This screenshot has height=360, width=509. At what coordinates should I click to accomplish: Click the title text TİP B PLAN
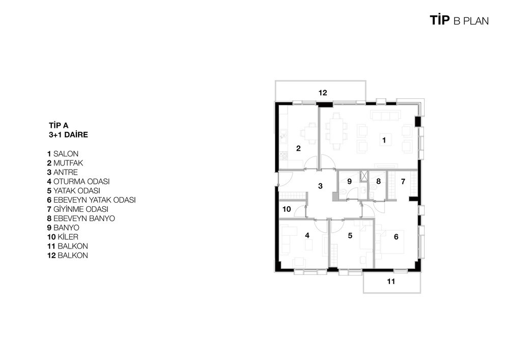pos(459,20)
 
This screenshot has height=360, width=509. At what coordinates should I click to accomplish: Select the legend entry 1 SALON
pos(63,154)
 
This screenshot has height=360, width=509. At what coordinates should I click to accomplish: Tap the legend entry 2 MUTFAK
pos(65,163)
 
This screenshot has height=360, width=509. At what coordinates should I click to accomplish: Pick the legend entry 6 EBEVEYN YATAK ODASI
pos(91,200)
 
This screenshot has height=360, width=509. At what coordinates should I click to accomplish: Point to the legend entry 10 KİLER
pos(63,237)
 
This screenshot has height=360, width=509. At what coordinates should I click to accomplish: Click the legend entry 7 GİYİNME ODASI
pos(77,209)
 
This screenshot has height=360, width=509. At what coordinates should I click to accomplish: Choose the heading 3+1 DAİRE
pos(68,135)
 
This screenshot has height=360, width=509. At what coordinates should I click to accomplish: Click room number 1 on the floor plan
pos(384,140)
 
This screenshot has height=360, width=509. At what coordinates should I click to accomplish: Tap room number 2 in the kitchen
pos(298,148)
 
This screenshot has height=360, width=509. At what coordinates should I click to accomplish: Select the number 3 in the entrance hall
pos(320,186)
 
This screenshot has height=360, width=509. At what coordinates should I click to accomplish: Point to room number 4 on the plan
pos(307,235)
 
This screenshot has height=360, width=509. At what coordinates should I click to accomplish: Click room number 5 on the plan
pos(350,235)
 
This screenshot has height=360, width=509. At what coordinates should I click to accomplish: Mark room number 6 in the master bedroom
pos(396,237)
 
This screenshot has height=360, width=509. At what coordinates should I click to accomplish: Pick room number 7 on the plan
pos(403,181)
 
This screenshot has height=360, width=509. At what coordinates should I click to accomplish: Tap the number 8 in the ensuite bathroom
pos(378,181)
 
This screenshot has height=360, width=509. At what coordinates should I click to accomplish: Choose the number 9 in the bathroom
pos(349,181)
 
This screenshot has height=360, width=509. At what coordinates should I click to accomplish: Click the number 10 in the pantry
pos(287,209)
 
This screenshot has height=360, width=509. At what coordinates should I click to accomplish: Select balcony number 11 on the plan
pos(391,282)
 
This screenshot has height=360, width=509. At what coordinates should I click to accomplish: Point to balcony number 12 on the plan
pos(323,93)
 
